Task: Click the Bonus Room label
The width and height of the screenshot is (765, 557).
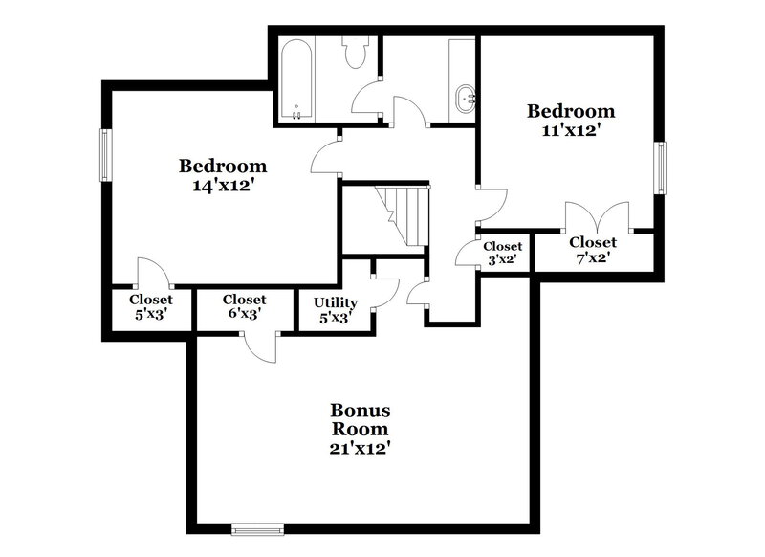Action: tap(361, 428)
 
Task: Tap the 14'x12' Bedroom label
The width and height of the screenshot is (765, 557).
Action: tap(223, 175)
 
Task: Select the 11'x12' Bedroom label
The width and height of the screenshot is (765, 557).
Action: tap(570, 121)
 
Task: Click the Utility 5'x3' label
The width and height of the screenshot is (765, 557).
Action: tap(335, 311)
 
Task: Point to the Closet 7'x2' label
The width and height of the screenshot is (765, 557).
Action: tap(593, 249)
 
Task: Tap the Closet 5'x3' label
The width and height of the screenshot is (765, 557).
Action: tap(151, 306)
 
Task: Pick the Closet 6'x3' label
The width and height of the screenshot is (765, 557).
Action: tap(244, 306)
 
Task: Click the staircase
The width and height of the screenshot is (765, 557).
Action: tap(402, 215)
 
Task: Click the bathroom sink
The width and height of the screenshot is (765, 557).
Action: tap(466, 99)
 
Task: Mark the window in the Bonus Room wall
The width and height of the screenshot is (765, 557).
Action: tap(257, 527)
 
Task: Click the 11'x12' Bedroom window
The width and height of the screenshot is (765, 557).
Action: tap(659, 168)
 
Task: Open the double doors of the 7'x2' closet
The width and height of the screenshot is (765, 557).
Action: tap(598, 216)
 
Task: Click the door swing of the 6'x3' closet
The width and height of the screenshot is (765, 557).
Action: tap(260, 346)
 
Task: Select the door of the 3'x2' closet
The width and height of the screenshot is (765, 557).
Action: tap(469, 251)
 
